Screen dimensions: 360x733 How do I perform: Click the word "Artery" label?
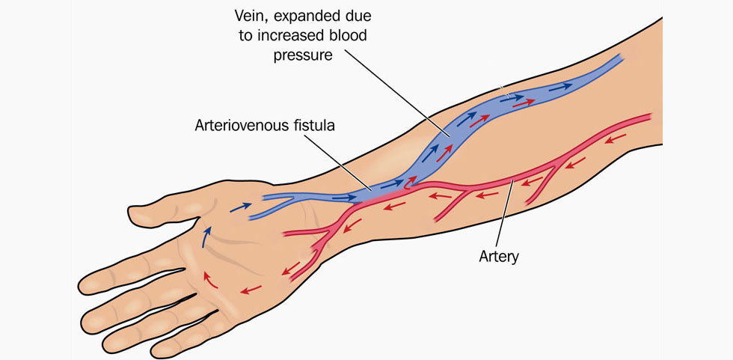[500, 257]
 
